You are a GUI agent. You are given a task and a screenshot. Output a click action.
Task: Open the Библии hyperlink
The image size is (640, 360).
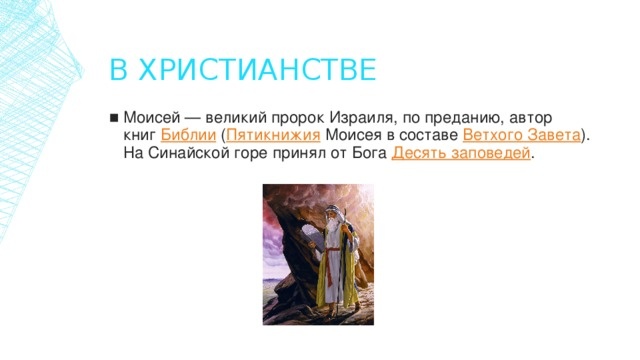pyautogui.click(x=182, y=135)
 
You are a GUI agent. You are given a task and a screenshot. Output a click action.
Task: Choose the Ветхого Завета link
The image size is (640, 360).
pyautogui.click(x=522, y=135)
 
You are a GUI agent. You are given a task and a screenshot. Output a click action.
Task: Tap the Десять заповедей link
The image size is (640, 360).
pyautogui.click(x=461, y=154)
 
